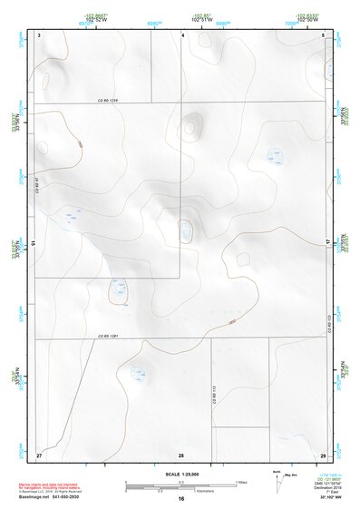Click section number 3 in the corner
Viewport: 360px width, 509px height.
coord(39,34)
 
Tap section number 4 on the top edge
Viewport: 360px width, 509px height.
coord(182,34)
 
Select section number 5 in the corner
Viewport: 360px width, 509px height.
coord(324,34)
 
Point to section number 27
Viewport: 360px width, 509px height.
coord(39,453)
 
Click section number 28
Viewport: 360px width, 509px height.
coord(181,454)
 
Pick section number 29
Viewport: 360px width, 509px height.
coord(323,453)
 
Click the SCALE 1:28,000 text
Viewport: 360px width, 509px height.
coord(181,474)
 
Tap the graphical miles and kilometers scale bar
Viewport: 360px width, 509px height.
coord(180,485)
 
